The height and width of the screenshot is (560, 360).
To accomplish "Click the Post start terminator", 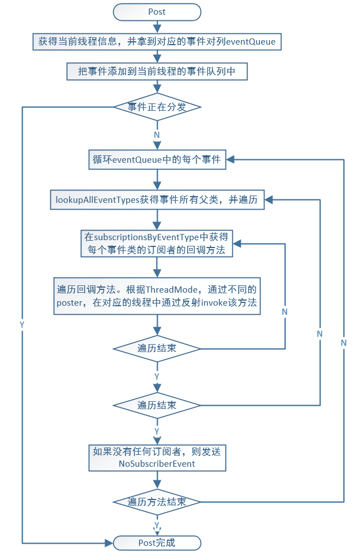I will click(157, 11).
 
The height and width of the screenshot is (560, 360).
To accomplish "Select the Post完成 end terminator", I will click(157, 543).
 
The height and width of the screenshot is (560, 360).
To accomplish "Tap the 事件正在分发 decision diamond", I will click(157, 107).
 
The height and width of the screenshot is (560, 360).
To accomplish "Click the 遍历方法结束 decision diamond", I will click(157, 502).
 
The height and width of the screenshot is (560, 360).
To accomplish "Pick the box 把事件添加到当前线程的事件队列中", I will click(157, 71).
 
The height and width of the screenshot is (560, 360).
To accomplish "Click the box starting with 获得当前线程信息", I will click(157, 42).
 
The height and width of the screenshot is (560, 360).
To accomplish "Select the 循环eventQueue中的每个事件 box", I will click(157, 160).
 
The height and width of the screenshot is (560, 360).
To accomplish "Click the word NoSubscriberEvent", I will click(157, 464).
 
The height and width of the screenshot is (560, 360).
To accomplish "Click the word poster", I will click(69, 303).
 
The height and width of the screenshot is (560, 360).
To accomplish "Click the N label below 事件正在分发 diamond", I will click(157, 136).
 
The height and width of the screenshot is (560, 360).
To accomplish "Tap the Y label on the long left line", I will click(22, 325).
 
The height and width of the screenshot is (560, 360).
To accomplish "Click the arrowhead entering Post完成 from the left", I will click(110, 543).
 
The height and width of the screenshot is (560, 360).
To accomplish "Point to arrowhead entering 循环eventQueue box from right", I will click(231, 160).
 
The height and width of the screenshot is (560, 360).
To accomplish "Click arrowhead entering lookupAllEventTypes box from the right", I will click(269, 200).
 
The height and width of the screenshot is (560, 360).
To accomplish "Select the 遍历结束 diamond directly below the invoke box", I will click(157, 349).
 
